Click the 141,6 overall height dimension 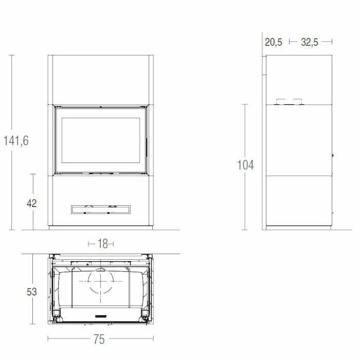pyautogui.click(x=16, y=140)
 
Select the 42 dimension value pyautogui.click(x=32, y=203)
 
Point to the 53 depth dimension pyautogui.click(x=32, y=292)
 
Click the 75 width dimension pyautogui.click(x=99, y=339)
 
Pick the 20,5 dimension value pyautogui.click(x=274, y=42)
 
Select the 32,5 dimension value pyautogui.click(x=310, y=42)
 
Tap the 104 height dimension pyautogui.click(x=245, y=165)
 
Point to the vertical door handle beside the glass pyautogui.click(x=146, y=147)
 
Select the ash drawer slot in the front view pyautogui.click(x=100, y=209)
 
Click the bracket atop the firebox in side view pyautogui.click(x=288, y=102)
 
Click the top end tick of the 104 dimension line pyautogui.click(x=245, y=104)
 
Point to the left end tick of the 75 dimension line pyautogui.click(x=48, y=339)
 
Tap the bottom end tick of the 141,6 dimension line pyautogui.click(x=12, y=229)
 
